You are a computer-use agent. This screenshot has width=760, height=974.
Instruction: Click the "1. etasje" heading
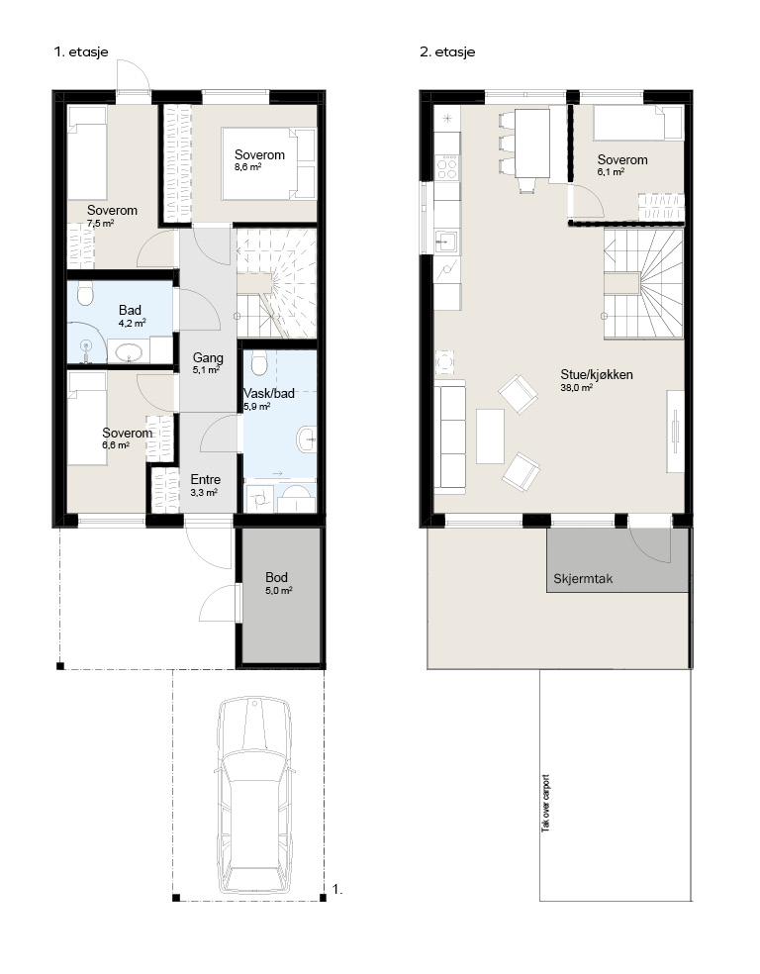[x=81, y=52]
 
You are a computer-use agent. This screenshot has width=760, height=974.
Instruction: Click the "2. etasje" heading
[x=447, y=52]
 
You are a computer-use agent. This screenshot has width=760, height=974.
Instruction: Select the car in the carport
[x=253, y=796]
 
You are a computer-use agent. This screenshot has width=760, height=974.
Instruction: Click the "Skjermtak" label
[x=583, y=579]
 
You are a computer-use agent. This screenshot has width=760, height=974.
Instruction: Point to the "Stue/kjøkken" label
[x=597, y=374]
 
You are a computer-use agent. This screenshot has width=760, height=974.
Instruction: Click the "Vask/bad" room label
[x=269, y=393]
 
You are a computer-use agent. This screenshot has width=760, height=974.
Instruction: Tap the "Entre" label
[x=206, y=479]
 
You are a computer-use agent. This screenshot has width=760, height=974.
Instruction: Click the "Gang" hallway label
[x=208, y=357]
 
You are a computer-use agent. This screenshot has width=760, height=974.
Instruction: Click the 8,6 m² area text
[x=247, y=167]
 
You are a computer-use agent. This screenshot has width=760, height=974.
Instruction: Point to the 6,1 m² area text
[x=611, y=172]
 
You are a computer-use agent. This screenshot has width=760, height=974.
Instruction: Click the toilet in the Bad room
[x=86, y=294]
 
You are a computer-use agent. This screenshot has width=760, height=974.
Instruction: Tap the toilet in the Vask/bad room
[x=259, y=362]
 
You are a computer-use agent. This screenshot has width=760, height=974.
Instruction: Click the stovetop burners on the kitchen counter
[x=447, y=166]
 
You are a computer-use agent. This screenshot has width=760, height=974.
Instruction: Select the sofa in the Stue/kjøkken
[x=449, y=438]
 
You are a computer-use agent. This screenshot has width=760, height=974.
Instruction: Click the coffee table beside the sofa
[x=491, y=437]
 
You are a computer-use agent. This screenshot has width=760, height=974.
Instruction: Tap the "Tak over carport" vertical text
[x=546, y=803]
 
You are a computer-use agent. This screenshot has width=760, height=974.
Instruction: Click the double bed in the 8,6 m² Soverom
[x=269, y=164]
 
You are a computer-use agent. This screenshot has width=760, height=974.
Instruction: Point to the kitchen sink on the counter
[x=446, y=241]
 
